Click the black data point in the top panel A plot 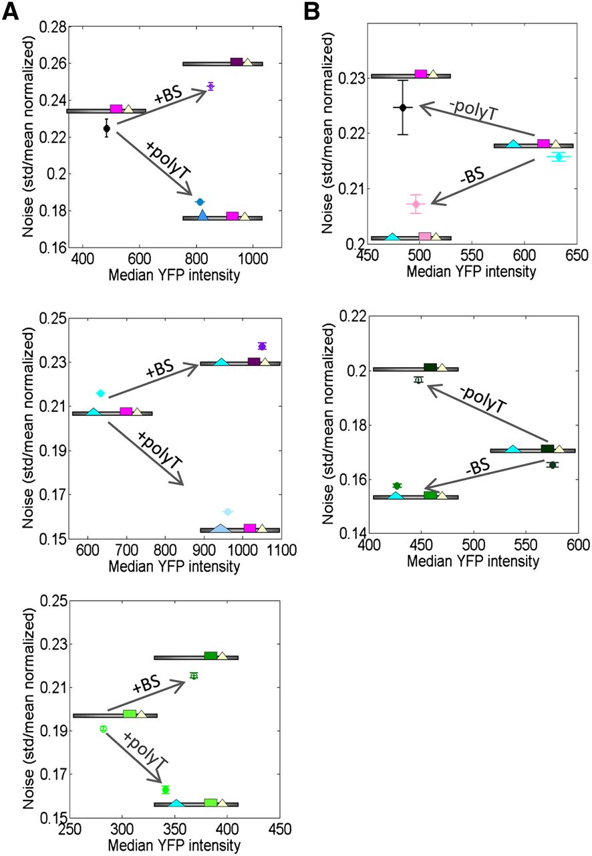[x=107, y=128]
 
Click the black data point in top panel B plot [x=402, y=107]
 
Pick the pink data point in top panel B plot [x=416, y=203]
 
